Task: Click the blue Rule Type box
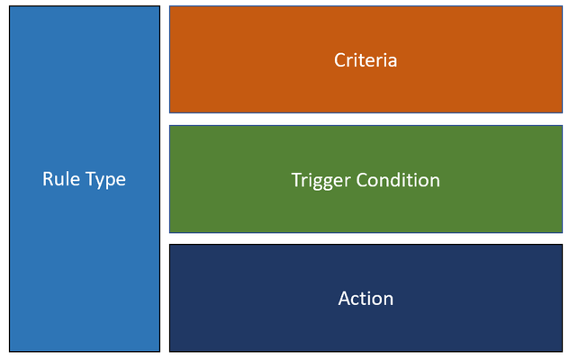[x=85, y=178]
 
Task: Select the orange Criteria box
[x=366, y=59]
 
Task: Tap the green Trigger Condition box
[x=366, y=179]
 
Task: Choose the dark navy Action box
[x=366, y=298]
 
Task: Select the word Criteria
[x=366, y=60]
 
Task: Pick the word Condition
[x=398, y=180]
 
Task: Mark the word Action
[x=366, y=298]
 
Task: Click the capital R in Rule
[x=48, y=179]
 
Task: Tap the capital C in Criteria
[x=340, y=60]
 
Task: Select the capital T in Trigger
[x=297, y=180]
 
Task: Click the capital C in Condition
[x=362, y=180]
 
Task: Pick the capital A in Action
[x=345, y=299]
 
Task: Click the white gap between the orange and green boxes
[x=366, y=120]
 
